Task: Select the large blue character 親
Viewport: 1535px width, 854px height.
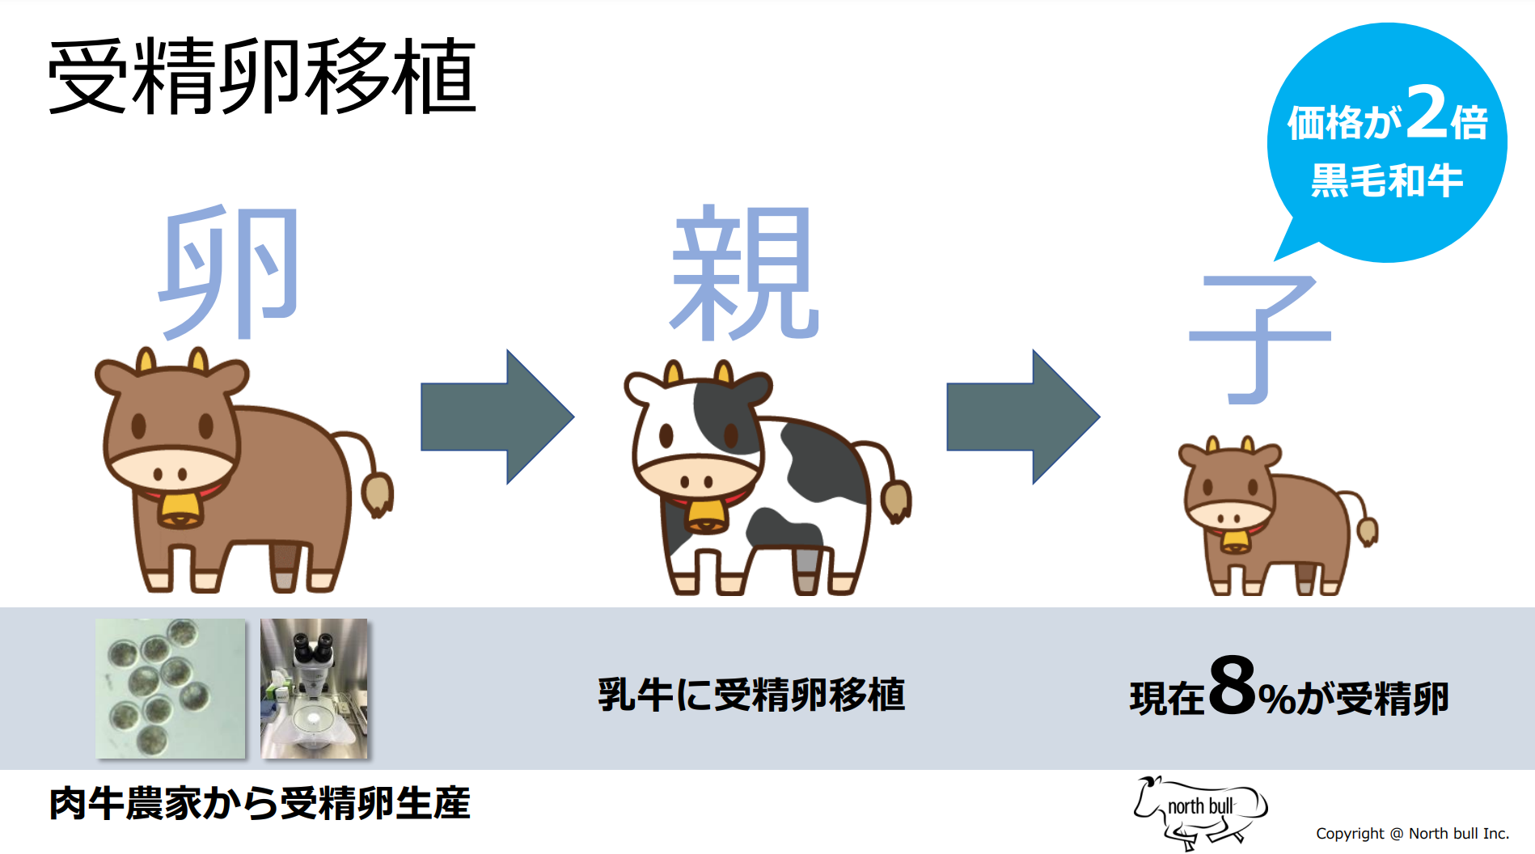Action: pyautogui.click(x=744, y=273)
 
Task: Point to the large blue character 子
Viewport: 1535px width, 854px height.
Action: pyautogui.click(x=1258, y=337)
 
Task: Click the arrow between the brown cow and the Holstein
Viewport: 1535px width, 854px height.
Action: pyautogui.click(x=497, y=416)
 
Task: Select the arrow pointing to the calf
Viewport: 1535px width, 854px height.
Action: pyautogui.click(x=1022, y=416)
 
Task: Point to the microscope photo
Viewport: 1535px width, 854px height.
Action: pyautogui.click(x=314, y=689)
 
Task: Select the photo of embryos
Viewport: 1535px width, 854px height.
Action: pyautogui.click(x=171, y=689)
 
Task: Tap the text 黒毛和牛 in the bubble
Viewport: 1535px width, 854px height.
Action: pyautogui.click(x=1386, y=180)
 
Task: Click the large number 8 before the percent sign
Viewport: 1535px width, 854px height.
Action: pyautogui.click(x=1233, y=686)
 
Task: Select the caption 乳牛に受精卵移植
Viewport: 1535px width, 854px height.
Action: pyautogui.click(x=751, y=695)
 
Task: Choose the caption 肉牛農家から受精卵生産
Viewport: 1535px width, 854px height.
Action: pyautogui.click(x=260, y=803)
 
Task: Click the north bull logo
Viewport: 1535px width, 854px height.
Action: pyautogui.click(x=1200, y=811)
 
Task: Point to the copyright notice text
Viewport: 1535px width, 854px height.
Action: pyautogui.click(x=1412, y=834)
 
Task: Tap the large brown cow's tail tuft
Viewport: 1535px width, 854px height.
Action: pyautogui.click(x=376, y=493)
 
